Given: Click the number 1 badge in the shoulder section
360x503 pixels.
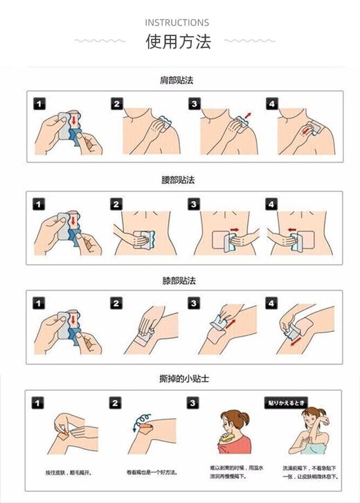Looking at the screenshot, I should [x=40, y=104].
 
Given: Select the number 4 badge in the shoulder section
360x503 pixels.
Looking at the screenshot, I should [x=272, y=104].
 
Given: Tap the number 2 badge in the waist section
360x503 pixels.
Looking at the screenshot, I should [x=116, y=204].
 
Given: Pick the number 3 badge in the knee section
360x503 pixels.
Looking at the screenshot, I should [x=195, y=303].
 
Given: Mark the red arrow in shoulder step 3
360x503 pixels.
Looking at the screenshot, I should [x=247, y=114].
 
